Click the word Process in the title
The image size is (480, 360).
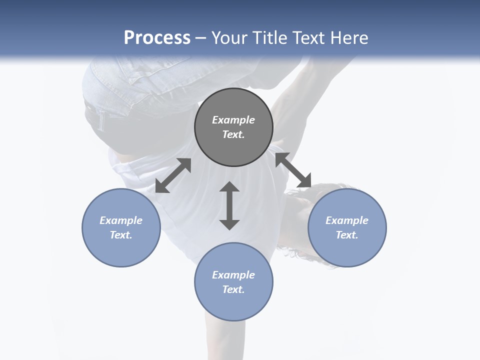click(157, 38)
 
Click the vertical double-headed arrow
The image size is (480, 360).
click(229, 205)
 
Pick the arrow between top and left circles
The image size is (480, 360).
click(173, 175)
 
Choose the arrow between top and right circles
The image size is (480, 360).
click(293, 170)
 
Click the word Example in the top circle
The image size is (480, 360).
click(233, 120)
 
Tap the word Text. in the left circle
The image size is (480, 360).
click(121, 235)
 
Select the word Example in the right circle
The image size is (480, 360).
click(347, 220)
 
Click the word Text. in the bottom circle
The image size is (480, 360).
click(233, 289)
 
